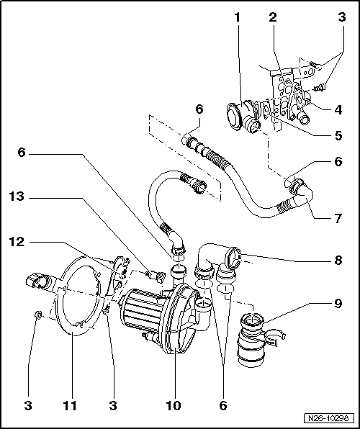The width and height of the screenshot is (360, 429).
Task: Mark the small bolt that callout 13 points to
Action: [152, 274]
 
